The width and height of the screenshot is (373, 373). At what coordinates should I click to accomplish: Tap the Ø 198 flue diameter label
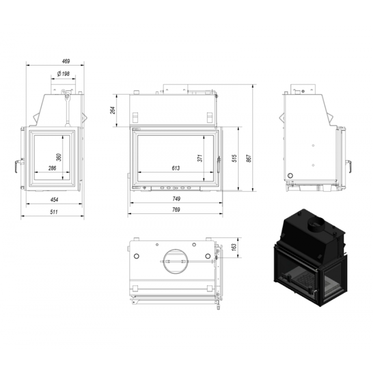63,74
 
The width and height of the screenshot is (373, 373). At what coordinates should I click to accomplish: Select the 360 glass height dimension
59,157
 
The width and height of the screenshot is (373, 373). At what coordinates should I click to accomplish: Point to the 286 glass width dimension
52,168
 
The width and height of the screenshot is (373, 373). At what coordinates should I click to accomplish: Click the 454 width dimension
54,200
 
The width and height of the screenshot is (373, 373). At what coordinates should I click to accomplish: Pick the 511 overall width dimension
54,212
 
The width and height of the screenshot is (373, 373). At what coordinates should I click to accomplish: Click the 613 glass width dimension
176,168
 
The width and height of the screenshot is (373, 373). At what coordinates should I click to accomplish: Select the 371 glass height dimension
200,158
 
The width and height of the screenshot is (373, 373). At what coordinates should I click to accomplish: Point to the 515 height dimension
234,158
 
